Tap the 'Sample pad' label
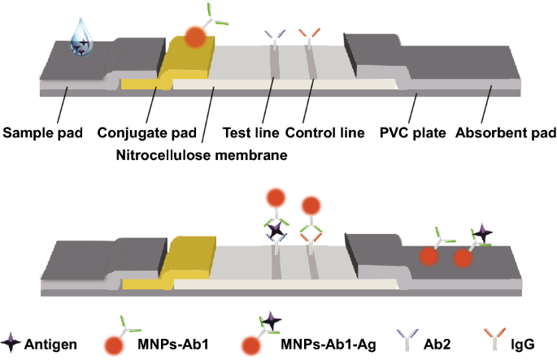[x=40, y=132]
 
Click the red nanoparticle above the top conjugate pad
[x=195, y=37]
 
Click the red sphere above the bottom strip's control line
[x=311, y=206]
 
